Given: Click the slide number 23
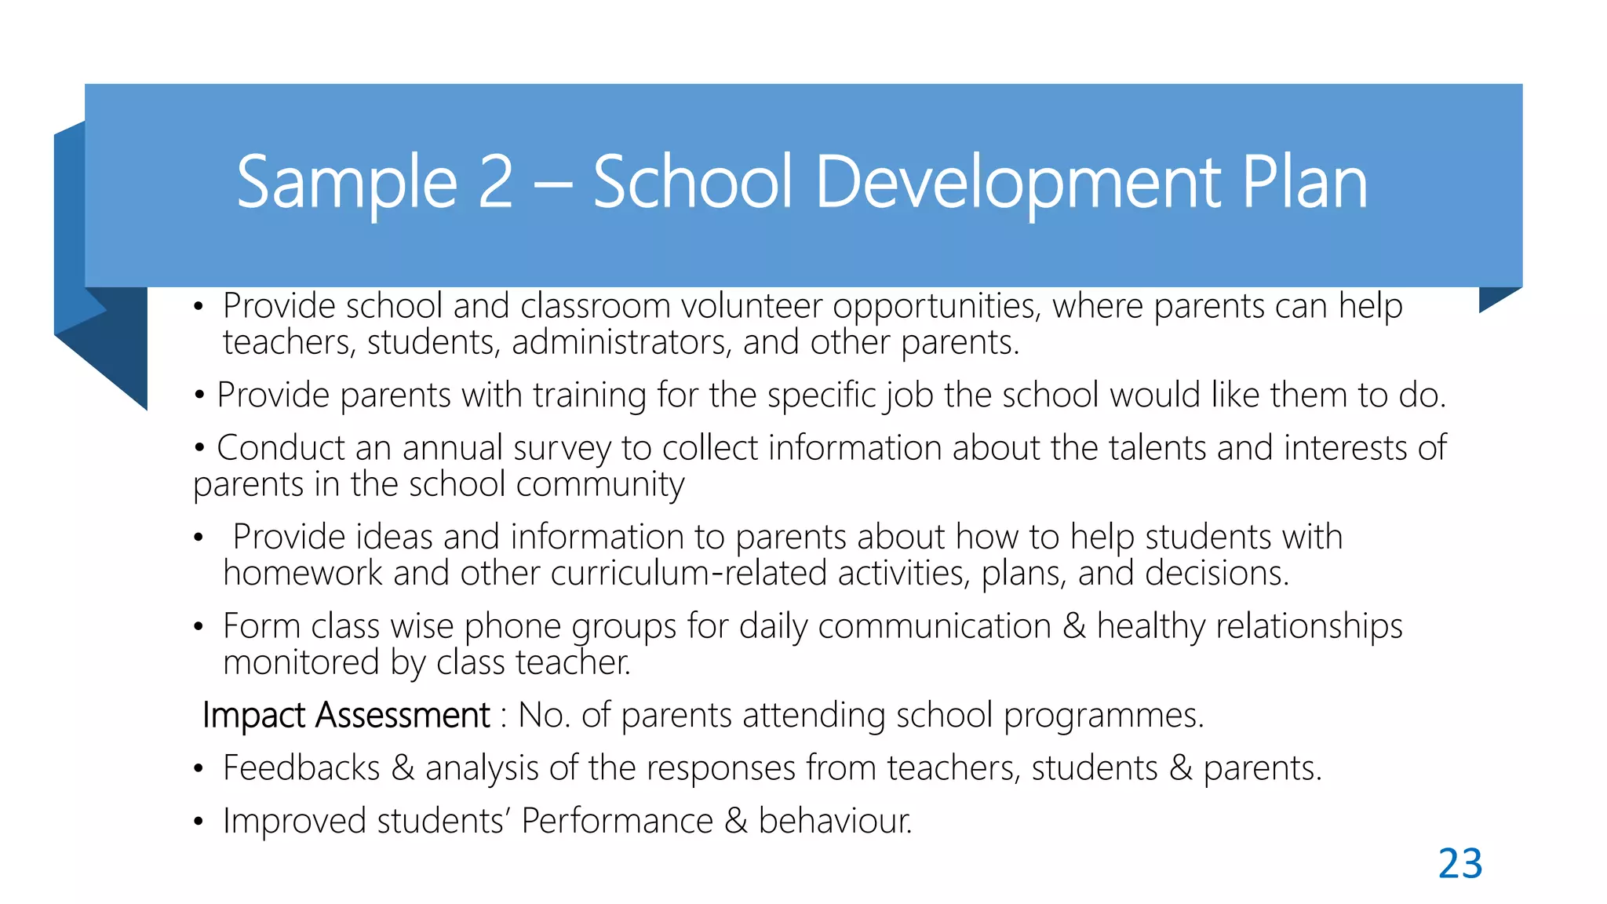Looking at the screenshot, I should [x=1459, y=863].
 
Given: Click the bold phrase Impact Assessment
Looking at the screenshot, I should [x=346, y=715].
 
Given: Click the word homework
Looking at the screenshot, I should [x=303, y=573].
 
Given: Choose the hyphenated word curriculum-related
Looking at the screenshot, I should [x=688, y=573].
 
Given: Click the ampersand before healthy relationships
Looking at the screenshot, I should [x=1073, y=626].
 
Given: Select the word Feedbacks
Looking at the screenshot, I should [x=301, y=767].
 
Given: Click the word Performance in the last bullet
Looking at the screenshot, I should [x=617, y=821].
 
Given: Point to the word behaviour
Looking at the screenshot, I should [x=835, y=821].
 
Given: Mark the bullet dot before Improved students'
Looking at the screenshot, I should [x=199, y=822].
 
